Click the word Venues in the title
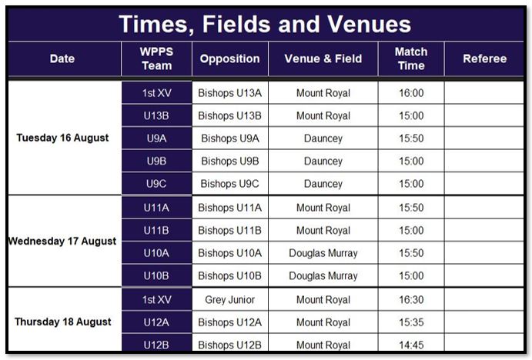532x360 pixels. pyautogui.click(x=369, y=24)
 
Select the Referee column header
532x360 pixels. pyautogui.click(x=484, y=58)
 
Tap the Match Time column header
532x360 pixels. pyautogui.click(x=411, y=58)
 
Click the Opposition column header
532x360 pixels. pyautogui.click(x=229, y=58)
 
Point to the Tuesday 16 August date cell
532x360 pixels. pyautogui.click(x=62, y=138)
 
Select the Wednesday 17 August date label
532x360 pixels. pyautogui.click(x=62, y=241)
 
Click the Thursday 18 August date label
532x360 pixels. pyautogui.click(x=63, y=322)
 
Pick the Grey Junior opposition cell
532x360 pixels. pyautogui.click(x=229, y=300)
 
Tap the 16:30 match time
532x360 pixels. pyautogui.click(x=411, y=300)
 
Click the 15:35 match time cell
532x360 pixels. pyautogui.click(x=411, y=322)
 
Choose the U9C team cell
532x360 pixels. pyautogui.click(x=156, y=184)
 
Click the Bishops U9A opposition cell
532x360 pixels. pyautogui.click(x=229, y=138)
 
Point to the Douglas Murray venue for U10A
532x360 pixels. pyautogui.click(x=323, y=253)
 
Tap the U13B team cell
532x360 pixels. pyautogui.click(x=156, y=115)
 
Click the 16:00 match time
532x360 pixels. pyautogui.click(x=411, y=93)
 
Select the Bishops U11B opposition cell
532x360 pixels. pyautogui.click(x=229, y=231)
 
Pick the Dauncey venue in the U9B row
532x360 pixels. pyautogui.click(x=323, y=161)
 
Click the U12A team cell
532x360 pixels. pyautogui.click(x=156, y=322)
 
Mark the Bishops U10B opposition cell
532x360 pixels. pyautogui.click(x=229, y=275)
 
